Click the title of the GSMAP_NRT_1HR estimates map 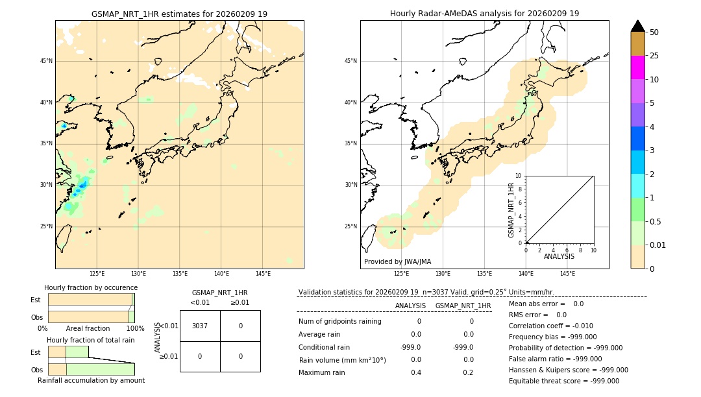(179, 14)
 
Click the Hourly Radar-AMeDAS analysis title (484, 14)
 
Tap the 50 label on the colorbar (654, 32)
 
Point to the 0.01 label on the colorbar (658, 245)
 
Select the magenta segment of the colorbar (637, 67)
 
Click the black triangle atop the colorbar (637, 26)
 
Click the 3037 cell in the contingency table (200, 326)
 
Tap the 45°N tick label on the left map (46, 61)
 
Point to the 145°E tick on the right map (567, 274)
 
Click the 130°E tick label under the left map (138, 274)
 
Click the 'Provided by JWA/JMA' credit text (397, 261)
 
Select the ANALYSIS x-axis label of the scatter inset (559, 256)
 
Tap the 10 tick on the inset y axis (519, 175)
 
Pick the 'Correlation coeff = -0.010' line (550, 326)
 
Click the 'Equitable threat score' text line (563, 381)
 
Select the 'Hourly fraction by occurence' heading (91, 287)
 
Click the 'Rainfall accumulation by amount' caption (91, 380)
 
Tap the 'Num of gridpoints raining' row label (339, 321)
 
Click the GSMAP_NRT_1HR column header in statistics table (463, 306)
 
